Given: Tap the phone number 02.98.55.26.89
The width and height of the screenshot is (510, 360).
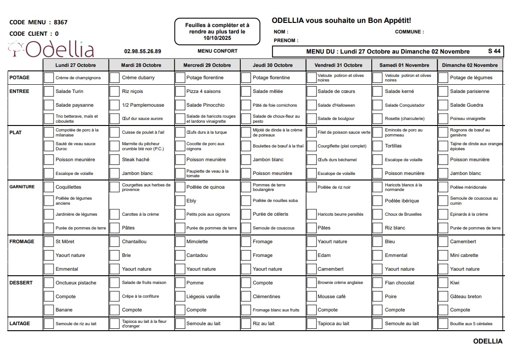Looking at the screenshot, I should [142, 51].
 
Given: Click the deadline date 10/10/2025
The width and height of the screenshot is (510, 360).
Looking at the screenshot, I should [217, 38].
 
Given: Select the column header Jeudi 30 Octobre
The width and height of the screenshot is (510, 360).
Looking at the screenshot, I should [273, 65].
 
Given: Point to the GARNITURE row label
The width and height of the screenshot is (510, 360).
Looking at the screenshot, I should [22, 187].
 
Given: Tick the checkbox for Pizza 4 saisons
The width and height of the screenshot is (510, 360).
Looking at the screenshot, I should [180, 91].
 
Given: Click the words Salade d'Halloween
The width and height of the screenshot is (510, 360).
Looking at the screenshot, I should [336, 105].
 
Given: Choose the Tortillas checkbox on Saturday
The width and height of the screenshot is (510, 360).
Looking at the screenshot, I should [377, 146].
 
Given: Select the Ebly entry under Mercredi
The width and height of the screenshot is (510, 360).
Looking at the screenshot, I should [191, 201].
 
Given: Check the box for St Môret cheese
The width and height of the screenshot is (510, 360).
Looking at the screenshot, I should [49, 241].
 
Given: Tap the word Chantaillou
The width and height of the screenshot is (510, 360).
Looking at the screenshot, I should [134, 241].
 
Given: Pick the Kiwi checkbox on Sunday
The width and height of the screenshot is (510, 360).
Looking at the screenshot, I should [443, 283].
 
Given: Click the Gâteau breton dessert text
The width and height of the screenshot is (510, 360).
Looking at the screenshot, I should [466, 296].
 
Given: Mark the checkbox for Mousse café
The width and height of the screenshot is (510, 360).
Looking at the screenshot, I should [311, 296].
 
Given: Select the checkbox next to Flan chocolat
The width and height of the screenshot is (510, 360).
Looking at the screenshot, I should [377, 283].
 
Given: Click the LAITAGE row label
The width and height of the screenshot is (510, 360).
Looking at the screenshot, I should [20, 323].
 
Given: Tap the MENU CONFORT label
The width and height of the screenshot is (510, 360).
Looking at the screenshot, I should [217, 51].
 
